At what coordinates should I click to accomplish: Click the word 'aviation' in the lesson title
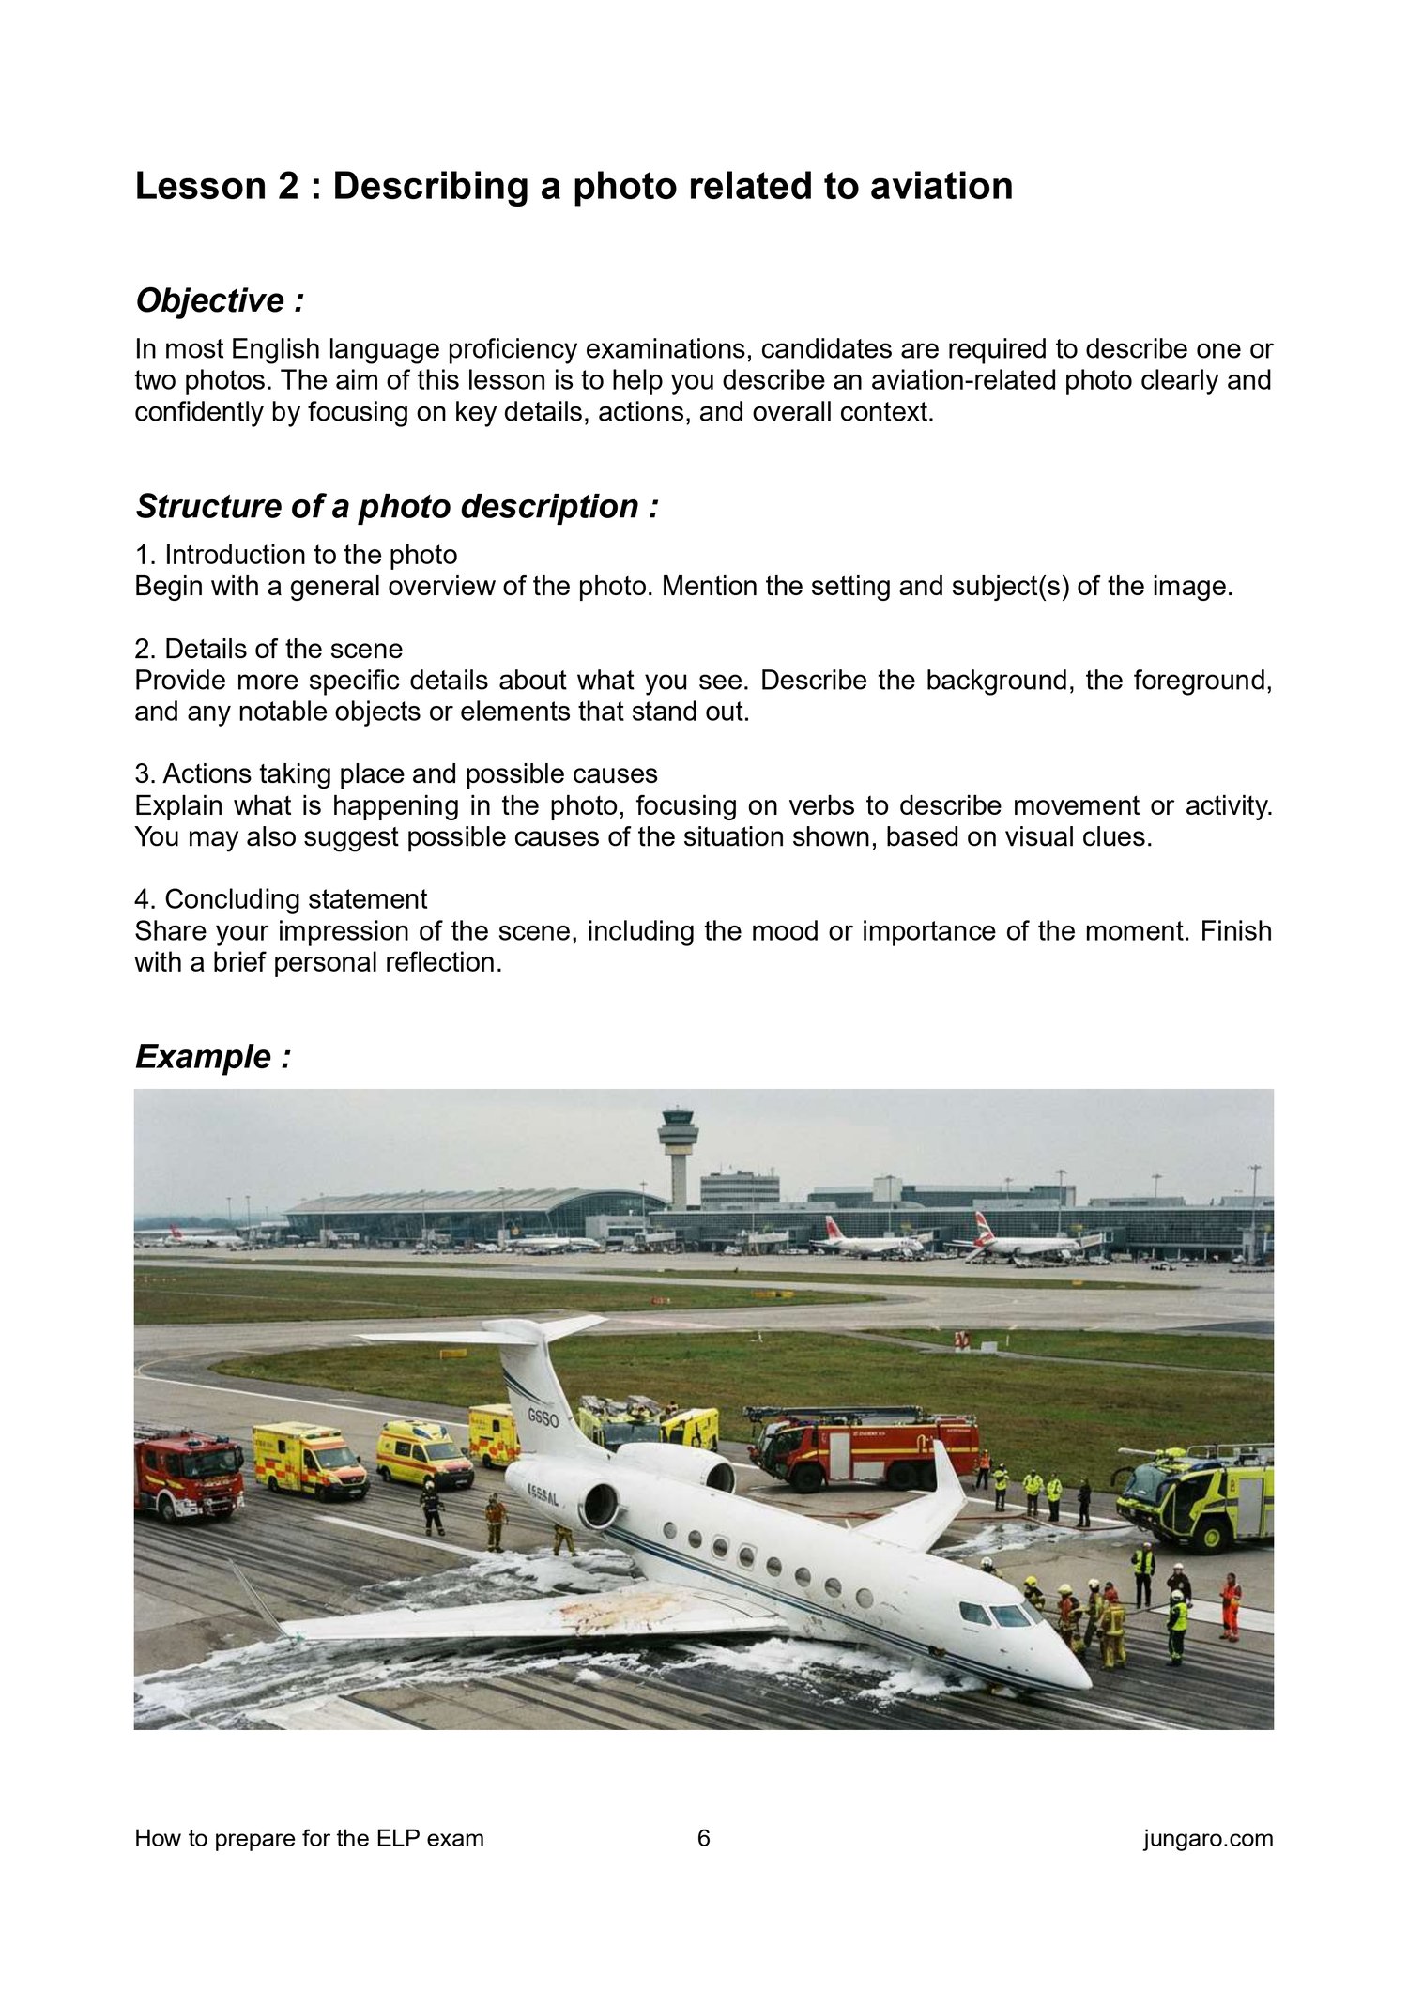coord(941,186)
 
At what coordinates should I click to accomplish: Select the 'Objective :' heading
coord(220,301)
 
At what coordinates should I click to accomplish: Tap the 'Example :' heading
coord(213,1057)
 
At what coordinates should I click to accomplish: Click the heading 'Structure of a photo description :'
coord(397,507)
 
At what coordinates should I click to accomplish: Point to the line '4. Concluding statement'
coord(281,899)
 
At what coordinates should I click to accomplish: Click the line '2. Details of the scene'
coord(268,650)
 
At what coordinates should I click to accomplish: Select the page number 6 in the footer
coord(704,1838)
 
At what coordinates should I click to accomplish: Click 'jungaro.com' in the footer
coord(1208,1838)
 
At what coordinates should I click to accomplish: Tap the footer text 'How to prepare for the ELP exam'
coord(309,1838)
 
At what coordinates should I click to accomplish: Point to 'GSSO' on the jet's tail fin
coord(543,1418)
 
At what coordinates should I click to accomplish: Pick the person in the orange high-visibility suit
coord(1230,1606)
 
